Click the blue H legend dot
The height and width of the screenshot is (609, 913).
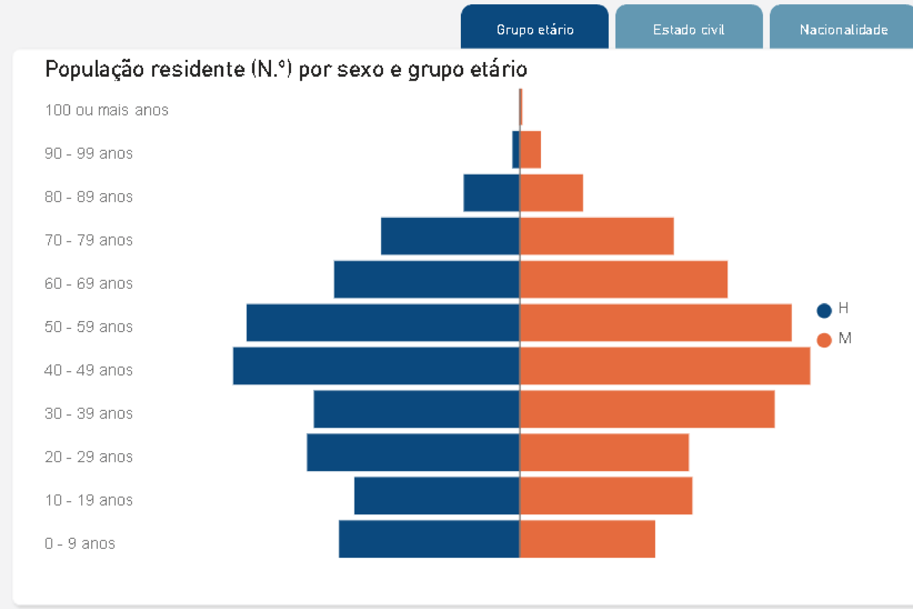pos(824,311)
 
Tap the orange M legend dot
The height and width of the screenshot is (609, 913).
pos(824,340)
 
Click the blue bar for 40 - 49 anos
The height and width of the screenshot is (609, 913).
pos(376,366)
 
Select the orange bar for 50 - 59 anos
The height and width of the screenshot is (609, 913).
pos(655,323)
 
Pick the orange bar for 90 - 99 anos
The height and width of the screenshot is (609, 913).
pos(531,149)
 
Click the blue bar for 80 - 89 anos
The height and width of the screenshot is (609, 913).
pos(491,193)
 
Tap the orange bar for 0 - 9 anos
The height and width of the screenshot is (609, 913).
pos(587,539)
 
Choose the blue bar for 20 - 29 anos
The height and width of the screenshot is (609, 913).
pos(413,452)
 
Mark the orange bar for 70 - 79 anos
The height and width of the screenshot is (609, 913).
pos(596,236)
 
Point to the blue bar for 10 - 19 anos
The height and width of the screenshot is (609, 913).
pos(437,496)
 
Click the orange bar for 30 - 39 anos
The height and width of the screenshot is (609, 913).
pos(647,409)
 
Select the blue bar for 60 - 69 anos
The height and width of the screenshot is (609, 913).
pos(427,279)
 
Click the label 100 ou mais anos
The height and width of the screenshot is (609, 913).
pos(107,110)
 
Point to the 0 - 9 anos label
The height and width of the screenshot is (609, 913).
pos(80,543)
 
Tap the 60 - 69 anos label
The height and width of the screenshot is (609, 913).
pos(88,283)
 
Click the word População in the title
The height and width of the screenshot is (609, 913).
pos(94,69)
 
